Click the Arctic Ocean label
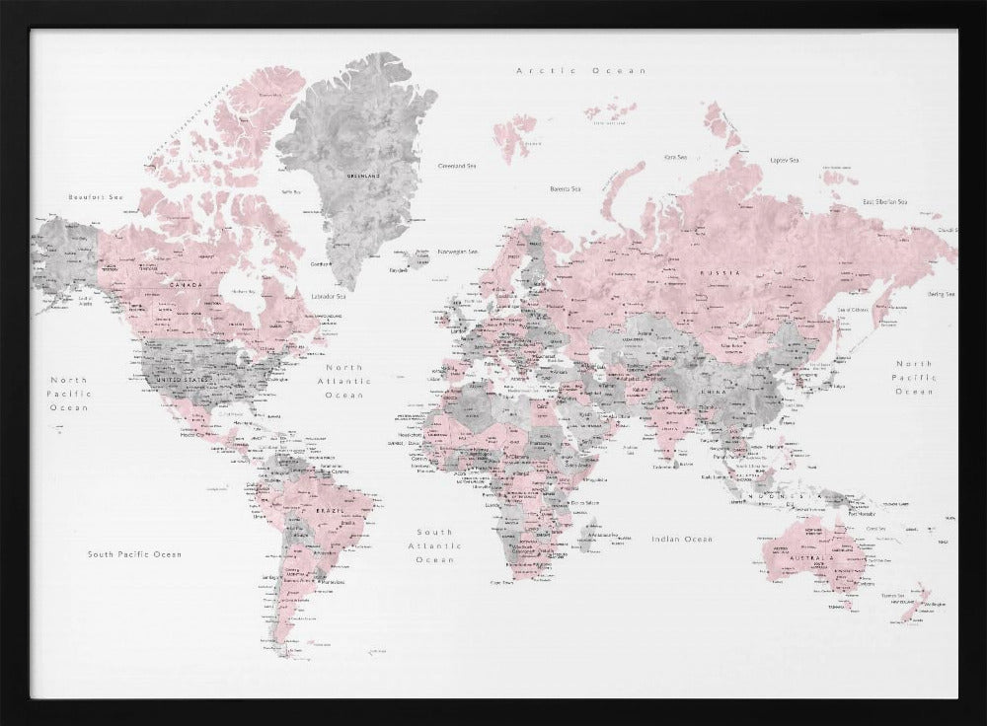[581, 71]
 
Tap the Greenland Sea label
[458, 167]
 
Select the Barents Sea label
[565, 188]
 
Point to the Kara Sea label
[675, 157]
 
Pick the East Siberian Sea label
[884, 201]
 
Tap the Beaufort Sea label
[87, 197]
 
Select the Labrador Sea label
[329, 296]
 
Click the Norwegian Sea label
[459, 251]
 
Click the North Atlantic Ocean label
[344, 381]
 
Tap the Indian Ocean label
[681, 539]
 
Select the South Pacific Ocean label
[134, 554]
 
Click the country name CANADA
[187, 286]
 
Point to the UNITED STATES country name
[185, 379]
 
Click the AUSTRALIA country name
[812, 559]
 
